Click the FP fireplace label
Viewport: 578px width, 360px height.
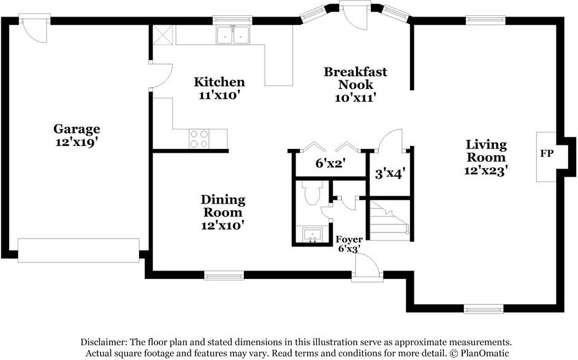coord(547,153)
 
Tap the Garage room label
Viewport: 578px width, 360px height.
coord(77,129)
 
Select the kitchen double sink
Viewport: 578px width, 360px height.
coord(232,36)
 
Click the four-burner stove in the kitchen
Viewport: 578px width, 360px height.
coord(199,139)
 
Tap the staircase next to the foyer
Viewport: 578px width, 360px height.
coord(390,221)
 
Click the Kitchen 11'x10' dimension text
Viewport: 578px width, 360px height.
coord(219,95)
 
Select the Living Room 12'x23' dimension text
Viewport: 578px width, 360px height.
coord(486,170)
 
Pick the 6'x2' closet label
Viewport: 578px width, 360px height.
coord(330,163)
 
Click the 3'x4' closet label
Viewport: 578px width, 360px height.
coord(390,174)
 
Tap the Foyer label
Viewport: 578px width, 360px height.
coord(349,239)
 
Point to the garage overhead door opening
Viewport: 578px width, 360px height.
coord(78,250)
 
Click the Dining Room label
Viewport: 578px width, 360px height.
coord(223,206)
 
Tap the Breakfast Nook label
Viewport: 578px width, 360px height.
coord(356,78)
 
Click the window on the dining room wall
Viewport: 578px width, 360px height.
coord(224,275)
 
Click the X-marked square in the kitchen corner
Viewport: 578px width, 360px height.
coord(162,35)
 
